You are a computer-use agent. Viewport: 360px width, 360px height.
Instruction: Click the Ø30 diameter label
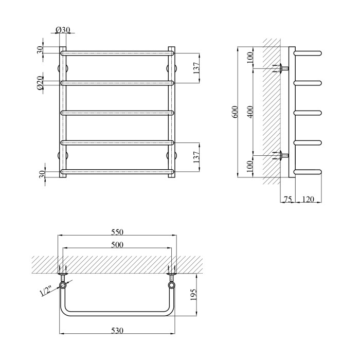coord(63,29)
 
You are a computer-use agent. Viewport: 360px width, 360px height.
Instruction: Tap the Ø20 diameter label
coord(40,83)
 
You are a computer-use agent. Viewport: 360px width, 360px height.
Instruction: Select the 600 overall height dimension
coord(235,112)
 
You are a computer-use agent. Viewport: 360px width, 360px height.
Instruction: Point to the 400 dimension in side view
coord(250,112)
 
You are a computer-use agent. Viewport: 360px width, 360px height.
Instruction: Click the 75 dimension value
coord(288,199)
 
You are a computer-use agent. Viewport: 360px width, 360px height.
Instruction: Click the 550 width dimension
coord(117,232)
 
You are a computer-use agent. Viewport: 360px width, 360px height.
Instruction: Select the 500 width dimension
coord(117,245)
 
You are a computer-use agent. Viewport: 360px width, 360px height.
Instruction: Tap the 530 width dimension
coord(117,330)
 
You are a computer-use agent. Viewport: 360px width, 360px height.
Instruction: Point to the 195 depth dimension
coord(193,295)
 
